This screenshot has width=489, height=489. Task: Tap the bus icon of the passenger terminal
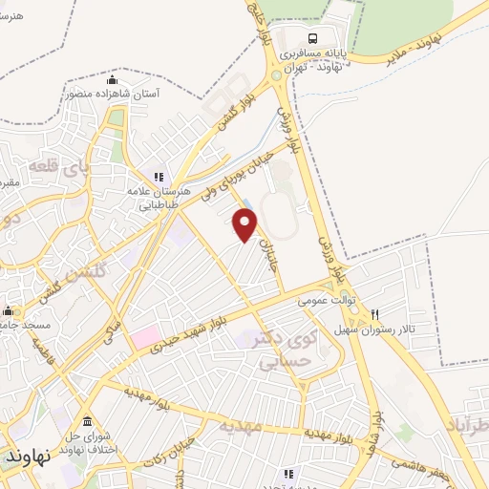click(x=312, y=39)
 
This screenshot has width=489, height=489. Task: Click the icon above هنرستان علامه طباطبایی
click(x=159, y=177)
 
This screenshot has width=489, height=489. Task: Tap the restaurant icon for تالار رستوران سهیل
click(x=375, y=314)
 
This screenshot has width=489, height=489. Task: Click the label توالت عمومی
click(x=325, y=300)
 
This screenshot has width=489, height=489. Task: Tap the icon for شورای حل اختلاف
click(x=87, y=421)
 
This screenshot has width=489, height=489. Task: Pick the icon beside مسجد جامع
click(x=9, y=310)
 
